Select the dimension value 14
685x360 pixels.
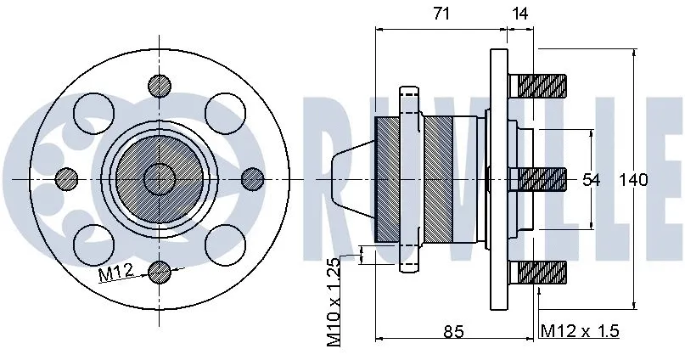tap(519, 14)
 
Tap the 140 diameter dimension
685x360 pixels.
tap(632, 180)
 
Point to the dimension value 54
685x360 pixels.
tap(591, 180)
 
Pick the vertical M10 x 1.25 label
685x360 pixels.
tap(334, 302)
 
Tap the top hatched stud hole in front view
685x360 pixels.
tap(159, 85)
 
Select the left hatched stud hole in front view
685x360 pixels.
tap(65, 178)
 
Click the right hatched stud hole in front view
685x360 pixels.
tap(252, 178)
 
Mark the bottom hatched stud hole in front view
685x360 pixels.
tap(159, 272)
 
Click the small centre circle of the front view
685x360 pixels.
tap(159, 178)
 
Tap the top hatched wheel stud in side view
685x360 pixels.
tap(542, 85)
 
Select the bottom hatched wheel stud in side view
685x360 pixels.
tap(542, 273)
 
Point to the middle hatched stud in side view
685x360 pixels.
tap(542, 178)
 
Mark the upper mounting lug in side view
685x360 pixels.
tap(411, 98)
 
